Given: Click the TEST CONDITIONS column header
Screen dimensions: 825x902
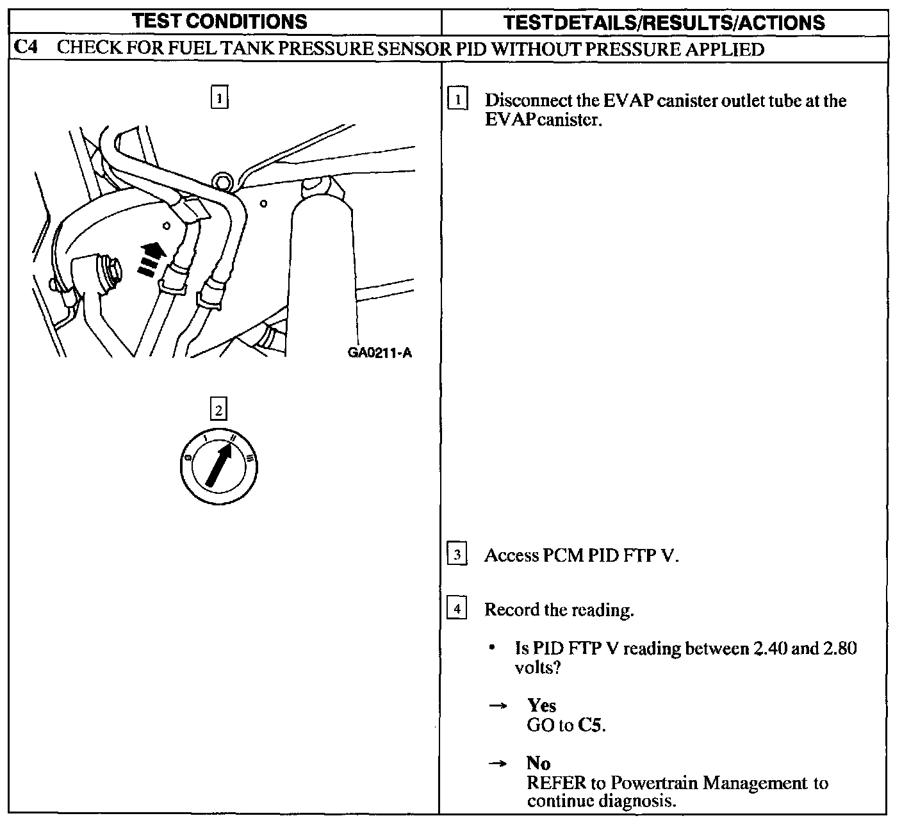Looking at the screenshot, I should [x=220, y=22].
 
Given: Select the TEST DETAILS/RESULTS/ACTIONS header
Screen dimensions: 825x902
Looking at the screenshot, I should [x=664, y=23].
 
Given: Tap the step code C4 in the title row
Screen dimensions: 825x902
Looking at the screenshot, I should [x=24, y=49].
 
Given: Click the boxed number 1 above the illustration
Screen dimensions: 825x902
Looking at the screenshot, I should [x=219, y=99].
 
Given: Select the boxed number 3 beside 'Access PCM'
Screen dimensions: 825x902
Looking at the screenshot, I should [x=457, y=555].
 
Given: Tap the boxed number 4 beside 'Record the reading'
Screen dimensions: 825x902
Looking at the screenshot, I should [x=457, y=609].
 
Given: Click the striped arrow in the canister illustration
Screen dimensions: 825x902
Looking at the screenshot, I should [x=151, y=259].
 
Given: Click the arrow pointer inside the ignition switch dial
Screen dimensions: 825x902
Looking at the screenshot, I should [x=218, y=464].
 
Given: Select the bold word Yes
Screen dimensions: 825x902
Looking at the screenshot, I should [x=541, y=705].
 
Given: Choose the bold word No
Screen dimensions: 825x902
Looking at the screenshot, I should [x=538, y=763].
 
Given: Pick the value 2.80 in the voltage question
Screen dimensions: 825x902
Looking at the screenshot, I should [x=840, y=648].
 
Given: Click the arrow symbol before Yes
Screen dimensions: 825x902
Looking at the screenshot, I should [x=497, y=706].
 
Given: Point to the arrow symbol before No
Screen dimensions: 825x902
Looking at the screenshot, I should [x=497, y=764].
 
